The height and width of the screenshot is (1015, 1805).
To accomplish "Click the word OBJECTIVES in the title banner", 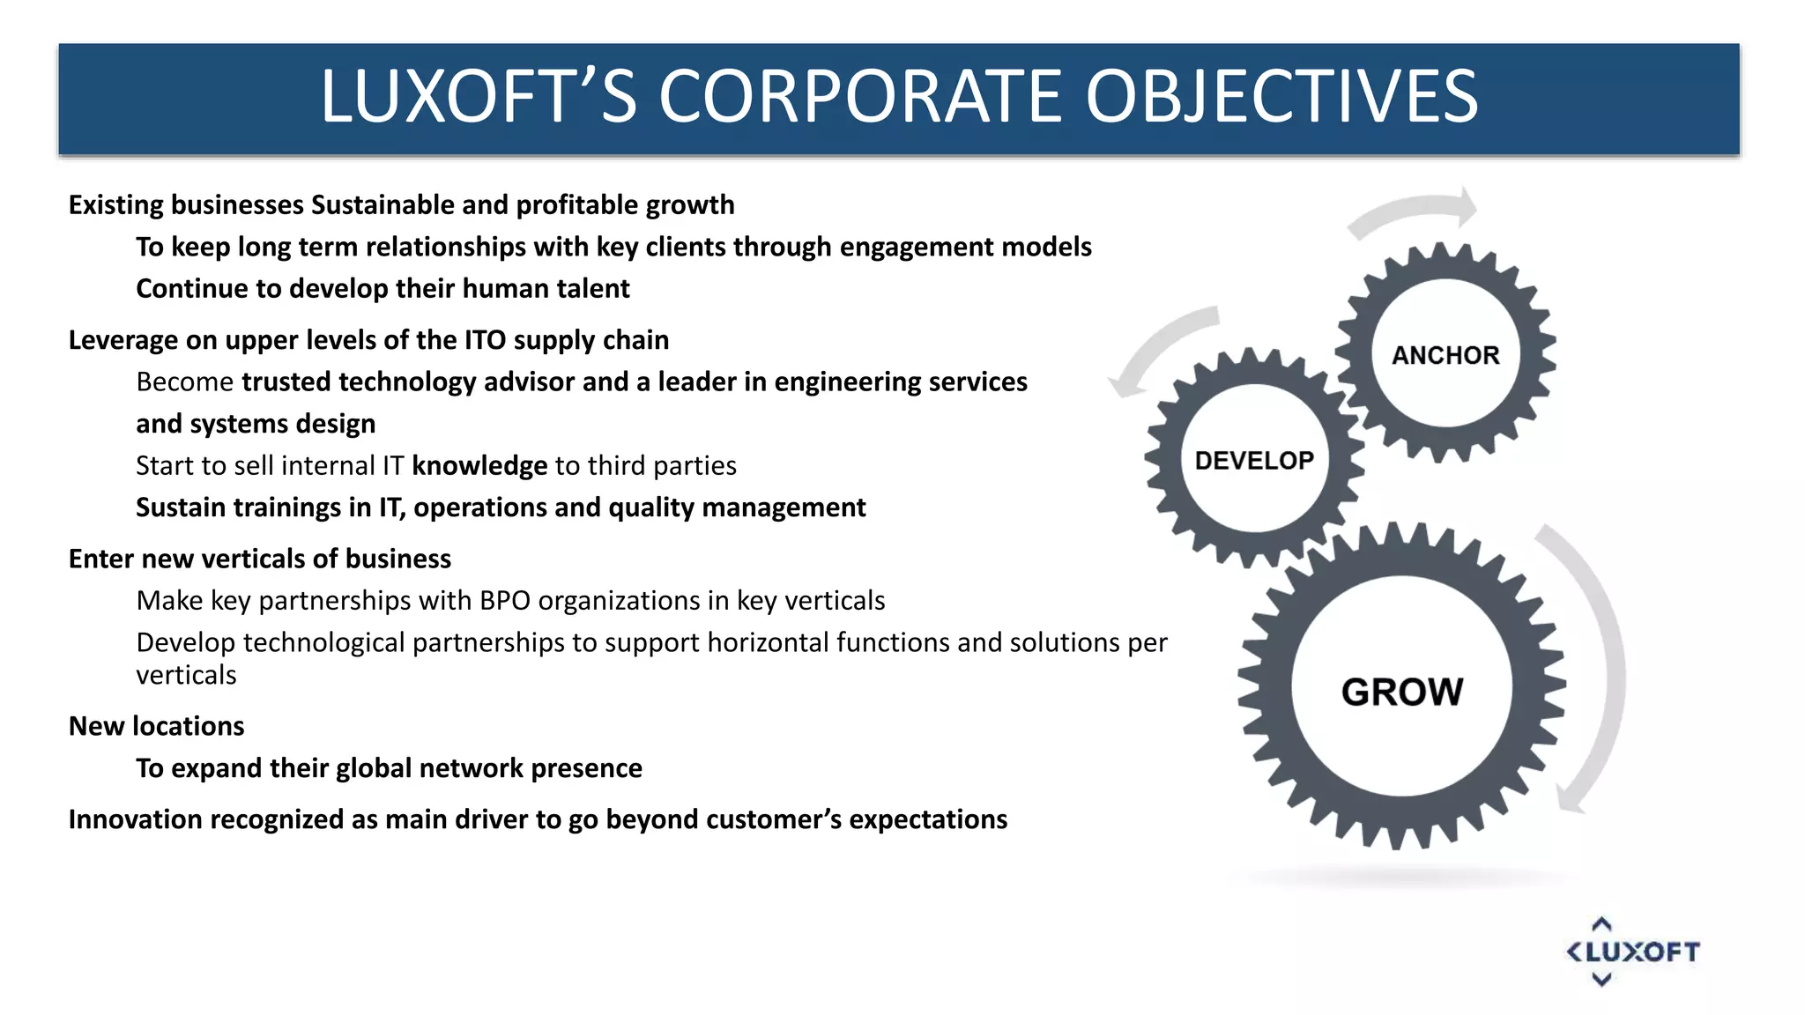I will point(1281,97).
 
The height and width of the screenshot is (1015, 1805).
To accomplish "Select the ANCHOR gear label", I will point(1445,355).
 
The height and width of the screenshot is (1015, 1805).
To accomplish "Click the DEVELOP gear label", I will point(1254,460).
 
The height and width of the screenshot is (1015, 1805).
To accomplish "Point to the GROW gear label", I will point(1402,692).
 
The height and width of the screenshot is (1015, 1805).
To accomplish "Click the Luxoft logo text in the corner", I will point(1642,952).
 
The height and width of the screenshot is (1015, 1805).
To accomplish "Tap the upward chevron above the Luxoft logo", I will point(1601,923).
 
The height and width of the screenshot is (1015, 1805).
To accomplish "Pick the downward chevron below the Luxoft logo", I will point(1601,979).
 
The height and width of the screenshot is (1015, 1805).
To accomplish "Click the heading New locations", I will point(156,726).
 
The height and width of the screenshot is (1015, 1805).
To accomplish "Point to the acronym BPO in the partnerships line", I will point(505,601).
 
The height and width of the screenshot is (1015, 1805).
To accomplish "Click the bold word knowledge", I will point(479,466).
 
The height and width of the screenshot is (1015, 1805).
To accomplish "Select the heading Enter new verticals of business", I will point(259,559).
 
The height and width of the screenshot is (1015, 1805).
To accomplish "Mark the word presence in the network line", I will point(586,768).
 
